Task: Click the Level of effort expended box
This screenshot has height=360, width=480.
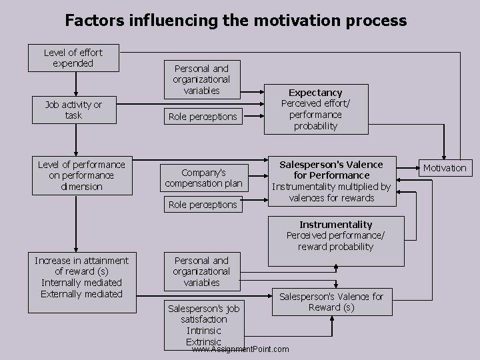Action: point(73,57)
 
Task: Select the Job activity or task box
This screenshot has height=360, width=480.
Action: point(73,110)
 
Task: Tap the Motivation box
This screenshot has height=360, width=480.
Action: point(445,167)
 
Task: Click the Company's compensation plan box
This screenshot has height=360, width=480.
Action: point(203,178)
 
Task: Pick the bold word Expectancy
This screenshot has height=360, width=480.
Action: point(315,93)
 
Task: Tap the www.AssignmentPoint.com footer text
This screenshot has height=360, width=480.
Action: point(240,349)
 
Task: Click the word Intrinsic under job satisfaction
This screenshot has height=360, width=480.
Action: point(204,331)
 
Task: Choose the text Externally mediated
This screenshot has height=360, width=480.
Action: point(81,294)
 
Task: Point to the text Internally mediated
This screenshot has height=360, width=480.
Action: point(81,283)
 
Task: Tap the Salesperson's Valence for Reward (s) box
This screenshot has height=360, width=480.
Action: point(331,302)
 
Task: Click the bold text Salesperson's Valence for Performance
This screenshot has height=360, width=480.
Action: point(331,169)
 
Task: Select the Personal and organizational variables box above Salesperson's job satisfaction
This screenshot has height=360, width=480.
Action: point(202,271)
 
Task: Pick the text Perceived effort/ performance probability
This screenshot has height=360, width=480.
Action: point(315,115)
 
